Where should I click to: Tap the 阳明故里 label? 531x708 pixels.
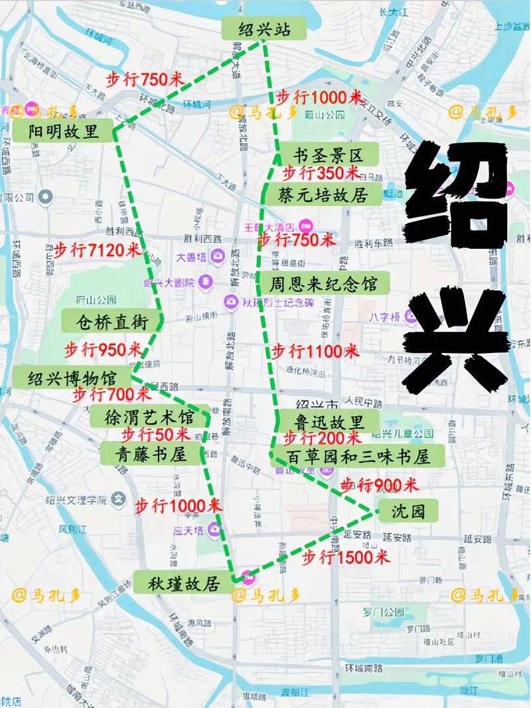(64, 131)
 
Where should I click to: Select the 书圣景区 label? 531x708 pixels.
(329, 156)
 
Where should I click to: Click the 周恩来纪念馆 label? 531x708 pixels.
(323, 284)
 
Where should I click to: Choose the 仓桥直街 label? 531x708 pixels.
(111, 322)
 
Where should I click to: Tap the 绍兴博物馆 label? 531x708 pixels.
(72, 378)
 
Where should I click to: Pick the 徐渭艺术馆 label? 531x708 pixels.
(150, 417)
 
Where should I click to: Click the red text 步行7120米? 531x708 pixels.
(97, 250)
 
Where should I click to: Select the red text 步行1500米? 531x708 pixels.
(345, 557)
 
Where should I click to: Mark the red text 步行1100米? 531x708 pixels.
(315, 350)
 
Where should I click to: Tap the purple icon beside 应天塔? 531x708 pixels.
(214, 529)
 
